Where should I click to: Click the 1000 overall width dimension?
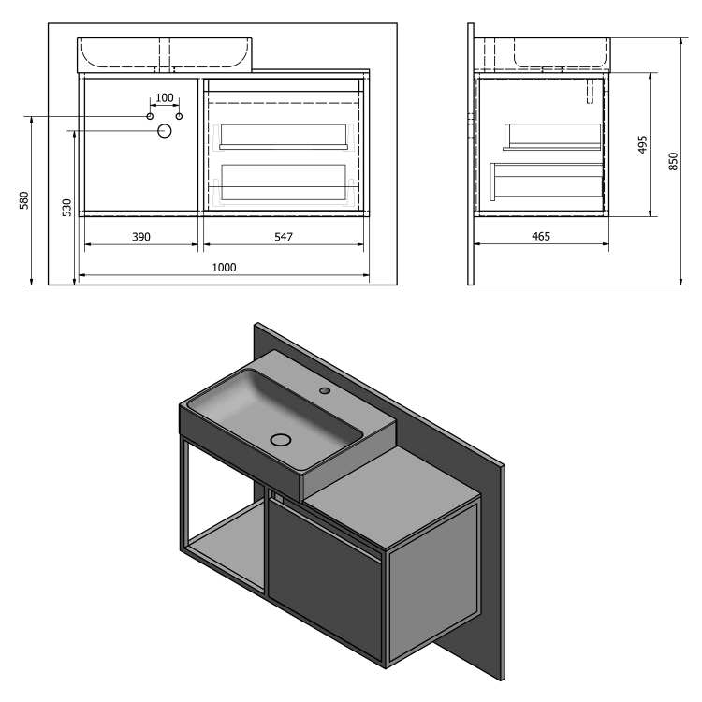point(223,267)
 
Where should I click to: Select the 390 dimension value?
point(140,237)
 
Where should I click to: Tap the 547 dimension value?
point(284,237)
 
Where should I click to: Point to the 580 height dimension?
point(24,200)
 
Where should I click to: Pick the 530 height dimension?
point(65,208)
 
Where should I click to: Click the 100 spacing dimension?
point(164,98)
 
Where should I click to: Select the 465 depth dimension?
point(540,237)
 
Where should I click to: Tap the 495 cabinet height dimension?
point(642,144)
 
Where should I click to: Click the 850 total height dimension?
point(671,161)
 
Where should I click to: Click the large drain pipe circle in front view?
point(165,131)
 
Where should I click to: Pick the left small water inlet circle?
point(149,116)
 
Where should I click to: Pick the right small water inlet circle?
point(180,116)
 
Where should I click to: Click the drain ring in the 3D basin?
point(281,438)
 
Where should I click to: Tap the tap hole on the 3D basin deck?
point(324,389)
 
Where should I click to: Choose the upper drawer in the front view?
point(284,137)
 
